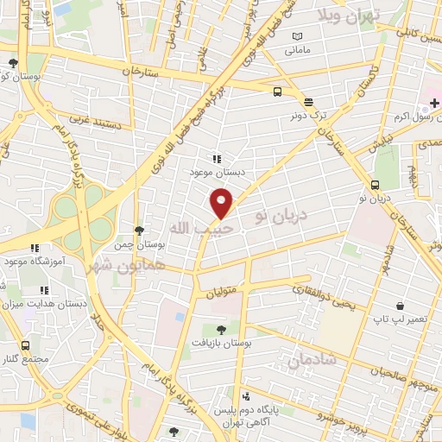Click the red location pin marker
click(222, 202)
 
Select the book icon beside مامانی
click(298, 36)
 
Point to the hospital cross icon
click(434, 104)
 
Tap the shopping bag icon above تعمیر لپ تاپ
click(400, 306)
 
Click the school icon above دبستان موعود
click(217, 159)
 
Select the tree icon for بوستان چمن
click(139, 230)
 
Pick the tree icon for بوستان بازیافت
click(222, 329)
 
